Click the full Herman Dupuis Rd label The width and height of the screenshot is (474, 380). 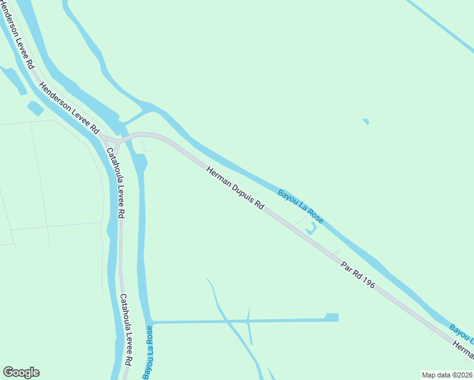[235, 188]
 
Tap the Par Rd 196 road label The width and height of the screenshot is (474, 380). [357, 274]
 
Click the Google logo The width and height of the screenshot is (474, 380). [21, 372]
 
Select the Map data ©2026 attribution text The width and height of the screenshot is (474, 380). [447, 374]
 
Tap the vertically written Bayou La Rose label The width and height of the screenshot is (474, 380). [147, 353]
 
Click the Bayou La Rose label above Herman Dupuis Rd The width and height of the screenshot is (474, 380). [300, 206]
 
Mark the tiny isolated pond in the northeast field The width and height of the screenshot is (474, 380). [366, 121]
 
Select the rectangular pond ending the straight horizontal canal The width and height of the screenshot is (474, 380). [331, 317]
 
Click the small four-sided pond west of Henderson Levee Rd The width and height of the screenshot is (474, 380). [35, 108]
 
